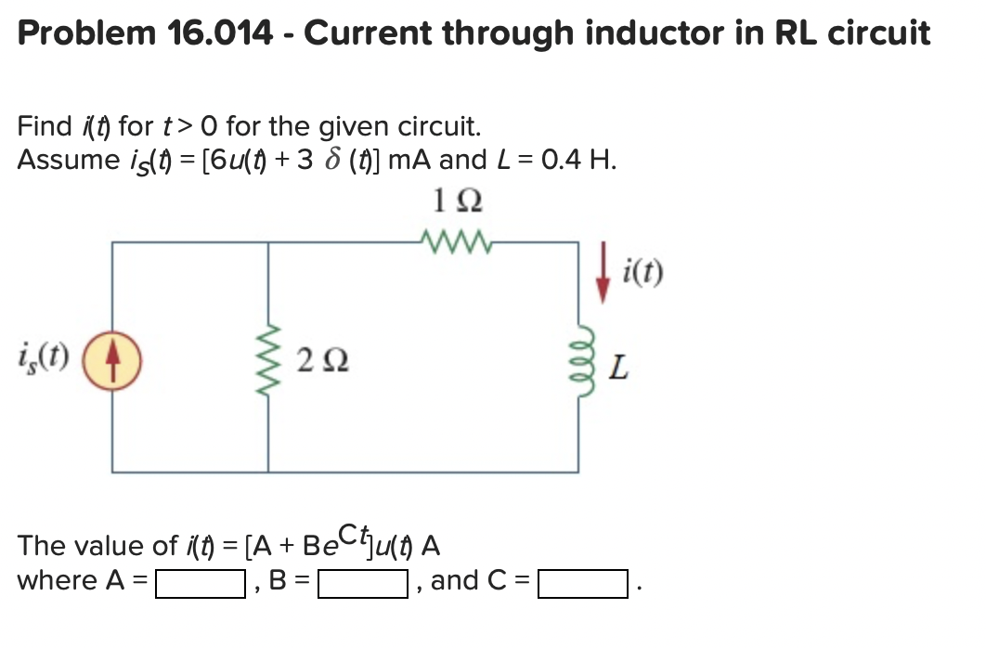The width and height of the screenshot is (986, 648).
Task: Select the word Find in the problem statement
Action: tap(45, 125)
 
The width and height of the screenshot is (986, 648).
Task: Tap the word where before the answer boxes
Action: tap(58, 581)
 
